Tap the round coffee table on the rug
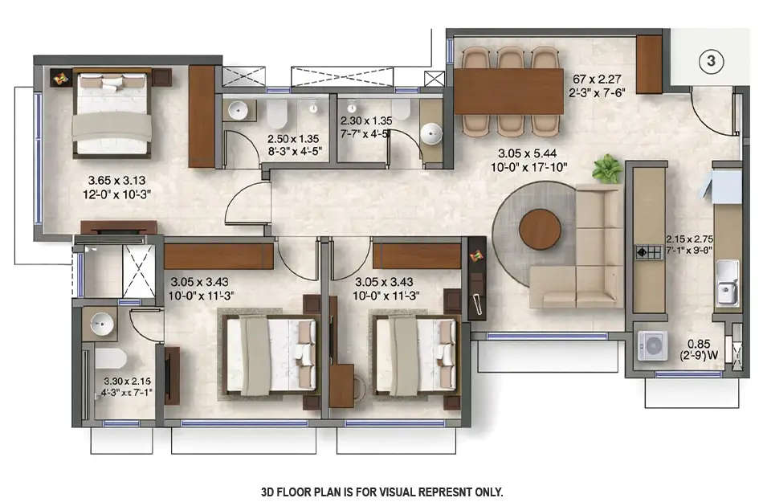pyautogui.click(x=540, y=229)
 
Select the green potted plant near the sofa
pyautogui.click(x=607, y=169)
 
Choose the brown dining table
pyautogui.click(x=508, y=91)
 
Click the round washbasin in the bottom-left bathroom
pyautogui.click(x=101, y=324)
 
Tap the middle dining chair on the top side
pyautogui.click(x=509, y=58)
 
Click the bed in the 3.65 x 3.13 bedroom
pyautogui.click(x=112, y=112)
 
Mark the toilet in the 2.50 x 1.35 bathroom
pyautogui.click(x=276, y=114)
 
